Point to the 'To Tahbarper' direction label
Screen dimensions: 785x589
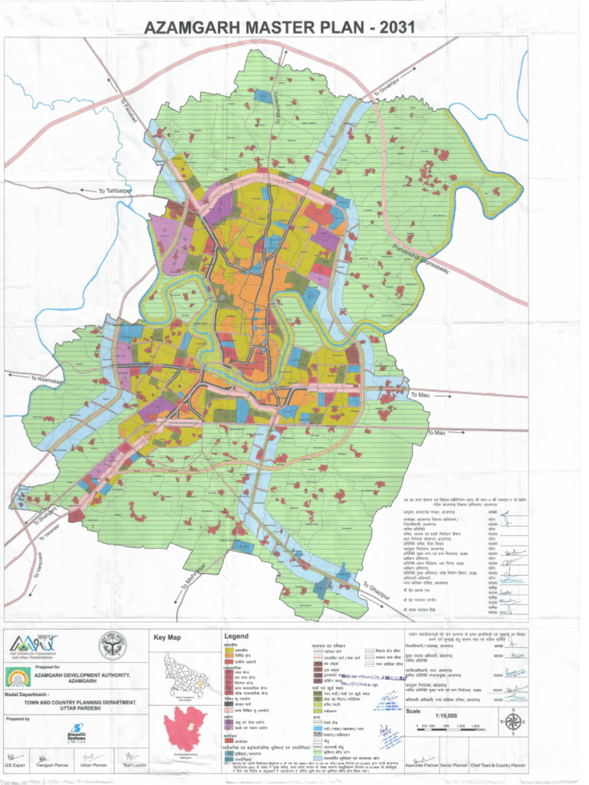(x=115, y=191)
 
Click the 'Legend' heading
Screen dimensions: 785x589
(x=236, y=637)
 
